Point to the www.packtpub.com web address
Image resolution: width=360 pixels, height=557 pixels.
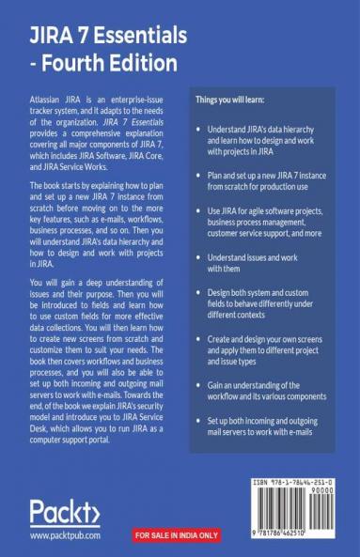tap(65, 536)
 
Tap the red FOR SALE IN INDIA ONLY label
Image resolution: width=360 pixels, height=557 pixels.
tap(176, 535)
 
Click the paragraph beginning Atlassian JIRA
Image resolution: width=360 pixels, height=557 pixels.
tap(94, 132)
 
